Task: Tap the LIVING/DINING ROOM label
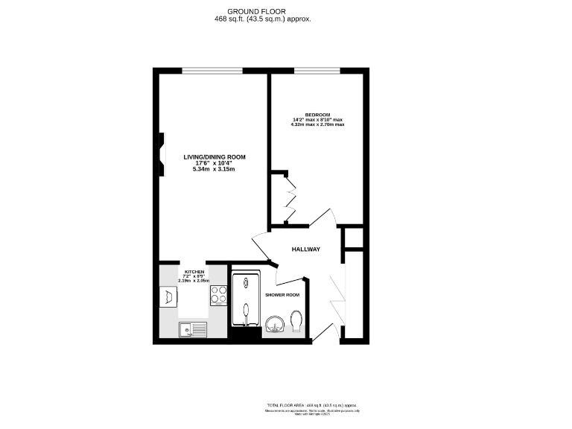214,157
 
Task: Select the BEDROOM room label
317,115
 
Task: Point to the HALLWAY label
305,250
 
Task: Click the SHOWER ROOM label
283,295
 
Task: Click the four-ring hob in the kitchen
220,295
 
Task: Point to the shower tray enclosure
246,300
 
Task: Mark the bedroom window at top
319,71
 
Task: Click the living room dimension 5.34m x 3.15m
214,170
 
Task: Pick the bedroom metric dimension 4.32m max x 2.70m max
317,124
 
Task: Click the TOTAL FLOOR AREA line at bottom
312,404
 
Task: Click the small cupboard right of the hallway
353,238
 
